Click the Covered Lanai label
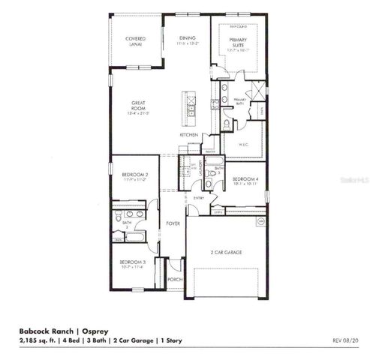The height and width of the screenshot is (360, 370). pyautogui.click(x=136, y=40)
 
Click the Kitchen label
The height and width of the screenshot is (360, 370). pyautogui.click(x=188, y=134)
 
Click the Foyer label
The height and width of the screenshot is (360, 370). pyautogui.click(x=173, y=223)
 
